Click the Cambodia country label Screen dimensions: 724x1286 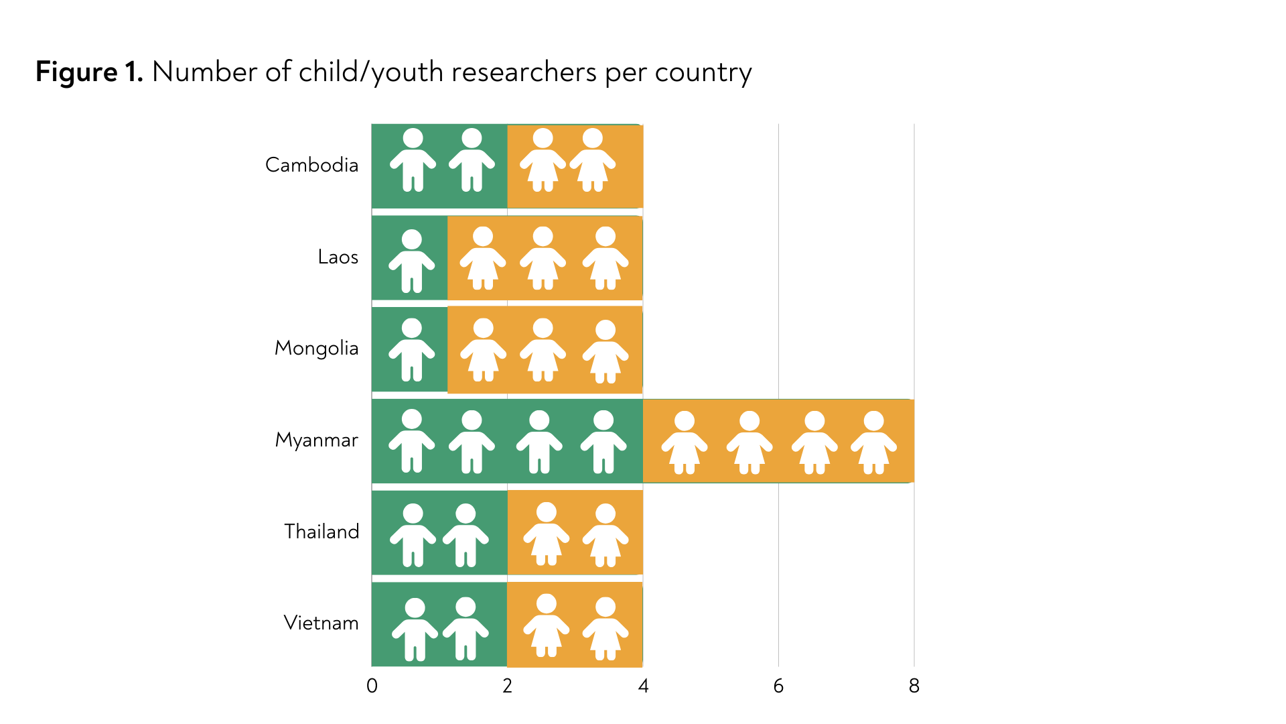311,165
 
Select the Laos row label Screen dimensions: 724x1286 338,257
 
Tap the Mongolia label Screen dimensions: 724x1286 316,349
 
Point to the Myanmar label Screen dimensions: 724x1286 316,440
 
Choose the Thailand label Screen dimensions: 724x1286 321,532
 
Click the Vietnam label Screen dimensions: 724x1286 321,623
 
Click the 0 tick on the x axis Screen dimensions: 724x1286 372,686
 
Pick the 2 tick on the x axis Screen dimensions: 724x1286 508,686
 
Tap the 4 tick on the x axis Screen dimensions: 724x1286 643,686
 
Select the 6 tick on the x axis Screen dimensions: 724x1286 778,686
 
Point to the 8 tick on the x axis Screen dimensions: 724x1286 914,686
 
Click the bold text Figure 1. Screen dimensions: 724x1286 89,72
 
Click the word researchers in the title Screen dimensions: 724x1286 524,72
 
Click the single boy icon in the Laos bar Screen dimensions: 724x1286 412,261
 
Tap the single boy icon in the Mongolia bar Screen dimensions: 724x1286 412,350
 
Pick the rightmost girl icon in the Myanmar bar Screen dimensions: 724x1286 873,442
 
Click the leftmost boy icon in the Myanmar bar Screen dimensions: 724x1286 412,441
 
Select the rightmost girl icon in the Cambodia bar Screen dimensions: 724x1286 593,160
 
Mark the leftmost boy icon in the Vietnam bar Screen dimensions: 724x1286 415,629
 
